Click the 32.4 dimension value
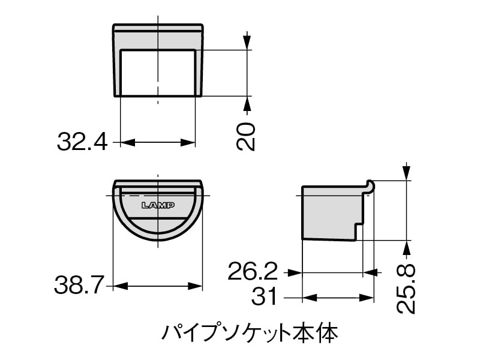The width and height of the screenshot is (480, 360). point(82,142)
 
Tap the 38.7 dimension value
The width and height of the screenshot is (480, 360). point(79,286)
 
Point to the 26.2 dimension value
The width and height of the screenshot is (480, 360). point(253,272)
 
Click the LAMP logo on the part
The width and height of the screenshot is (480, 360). point(158,205)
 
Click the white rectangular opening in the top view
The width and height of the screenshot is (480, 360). point(158,73)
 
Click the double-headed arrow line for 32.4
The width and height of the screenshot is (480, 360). point(158,142)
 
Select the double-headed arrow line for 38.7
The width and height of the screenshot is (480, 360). point(158,286)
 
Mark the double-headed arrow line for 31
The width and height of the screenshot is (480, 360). point(338,296)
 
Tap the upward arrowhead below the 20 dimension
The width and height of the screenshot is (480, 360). point(247,103)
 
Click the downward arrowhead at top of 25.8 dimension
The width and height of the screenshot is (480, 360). point(407,173)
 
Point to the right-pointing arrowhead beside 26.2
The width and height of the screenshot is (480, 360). point(294,272)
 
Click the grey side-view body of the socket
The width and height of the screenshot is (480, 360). point(330,213)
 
